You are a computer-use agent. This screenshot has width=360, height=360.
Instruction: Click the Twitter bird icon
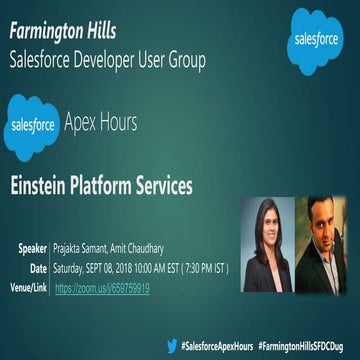(x=172, y=344)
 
